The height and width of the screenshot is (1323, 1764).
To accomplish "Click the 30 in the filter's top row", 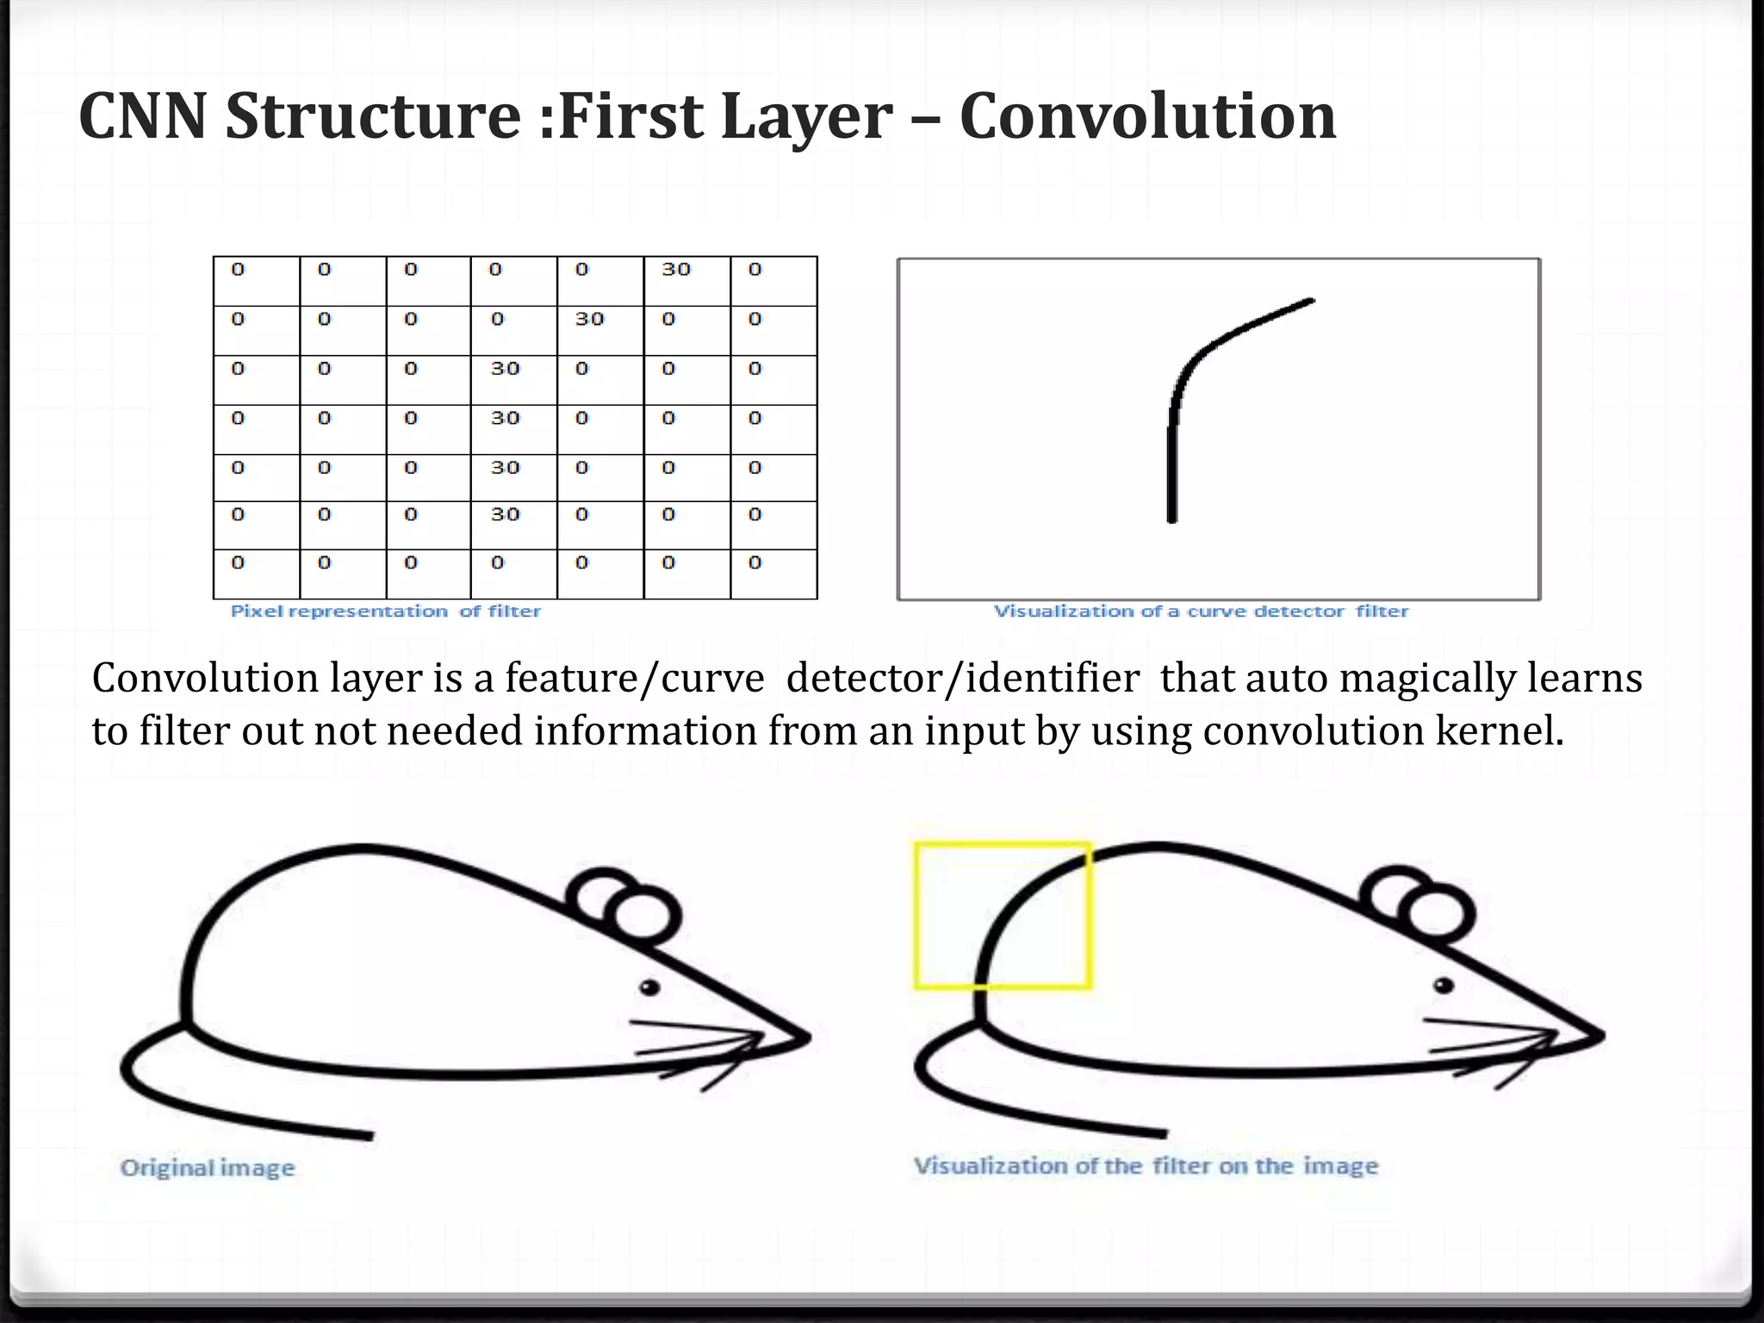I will coord(676,270).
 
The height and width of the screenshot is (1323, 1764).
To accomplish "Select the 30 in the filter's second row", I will coord(590,320).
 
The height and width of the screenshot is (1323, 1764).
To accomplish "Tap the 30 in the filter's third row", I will coord(506,369).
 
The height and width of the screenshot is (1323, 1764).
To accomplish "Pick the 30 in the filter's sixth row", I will coord(506,515).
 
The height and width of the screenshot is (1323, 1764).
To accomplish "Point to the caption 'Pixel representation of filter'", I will coord(385,612).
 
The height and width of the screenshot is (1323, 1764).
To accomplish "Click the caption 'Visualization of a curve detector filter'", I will coord(1201,612).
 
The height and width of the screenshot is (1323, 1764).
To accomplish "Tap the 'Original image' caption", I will coord(208,1168).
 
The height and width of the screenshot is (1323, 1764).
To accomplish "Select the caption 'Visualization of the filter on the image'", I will coord(1146,1166).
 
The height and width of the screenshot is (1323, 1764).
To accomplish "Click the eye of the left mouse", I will coord(649,987).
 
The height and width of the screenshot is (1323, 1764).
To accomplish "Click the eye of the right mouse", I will coord(1444,985).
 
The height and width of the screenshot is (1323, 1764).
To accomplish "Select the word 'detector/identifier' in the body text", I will coord(963,678).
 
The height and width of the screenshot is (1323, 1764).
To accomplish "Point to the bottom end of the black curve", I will coord(1171,518).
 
